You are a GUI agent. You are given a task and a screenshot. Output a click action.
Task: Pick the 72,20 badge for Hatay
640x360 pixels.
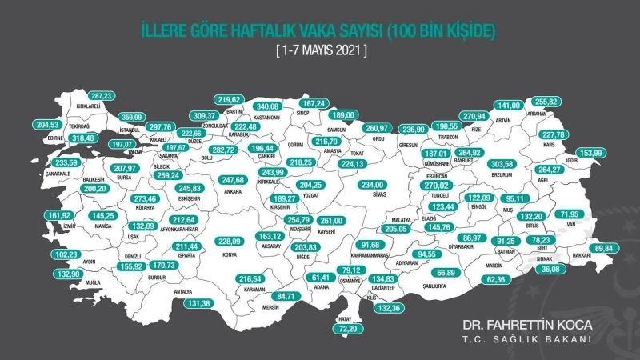click(350, 329)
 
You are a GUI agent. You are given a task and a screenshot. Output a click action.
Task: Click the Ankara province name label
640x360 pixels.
click(209, 192)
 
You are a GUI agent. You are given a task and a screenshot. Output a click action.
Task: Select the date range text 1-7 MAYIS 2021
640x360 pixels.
click(322, 50)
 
